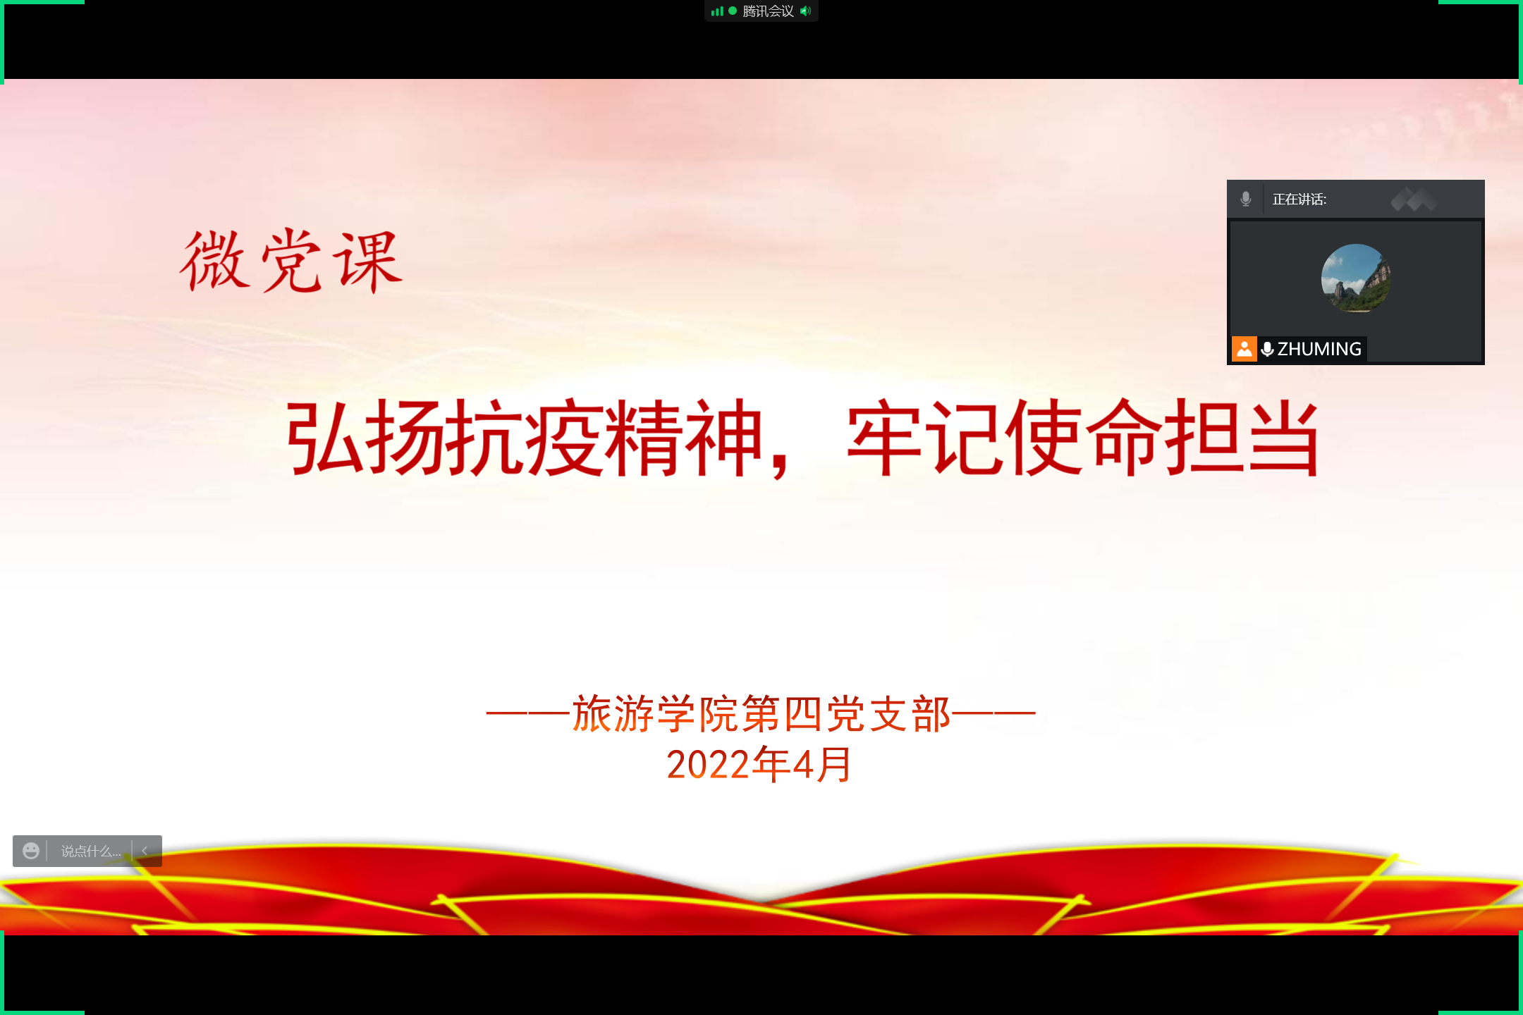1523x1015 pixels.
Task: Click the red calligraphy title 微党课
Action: (291, 261)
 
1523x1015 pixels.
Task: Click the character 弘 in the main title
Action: (325, 437)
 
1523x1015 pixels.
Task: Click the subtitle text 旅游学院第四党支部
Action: (761, 713)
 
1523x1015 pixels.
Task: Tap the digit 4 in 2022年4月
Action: (803, 765)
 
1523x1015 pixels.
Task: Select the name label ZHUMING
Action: (1319, 349)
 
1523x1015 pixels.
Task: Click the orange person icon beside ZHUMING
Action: (1244, 349)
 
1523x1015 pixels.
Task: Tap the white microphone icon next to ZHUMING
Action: (1267, 349)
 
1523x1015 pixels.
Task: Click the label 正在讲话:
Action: (1299, 199)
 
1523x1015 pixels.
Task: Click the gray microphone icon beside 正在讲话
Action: (1246, 199)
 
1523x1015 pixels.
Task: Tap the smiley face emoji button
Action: (31, 851)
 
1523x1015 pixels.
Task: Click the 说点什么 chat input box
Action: (90, 851)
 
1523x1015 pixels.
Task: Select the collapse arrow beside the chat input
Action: (145, 851)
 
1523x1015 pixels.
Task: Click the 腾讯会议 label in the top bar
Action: (768, 11)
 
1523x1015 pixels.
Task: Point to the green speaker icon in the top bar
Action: (806, 11)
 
